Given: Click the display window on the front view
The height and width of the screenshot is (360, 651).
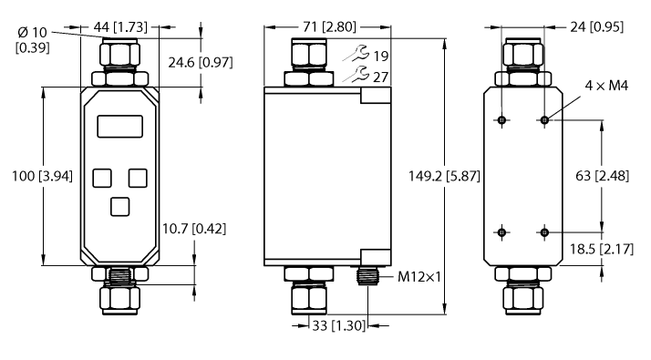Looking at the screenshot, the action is pos(120,127).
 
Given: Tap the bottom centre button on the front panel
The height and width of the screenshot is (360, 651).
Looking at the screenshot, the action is pos(120,207).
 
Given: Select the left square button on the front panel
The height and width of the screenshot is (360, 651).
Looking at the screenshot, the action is pos(102,178).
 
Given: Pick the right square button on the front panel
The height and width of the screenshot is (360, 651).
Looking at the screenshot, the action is pos(138,178).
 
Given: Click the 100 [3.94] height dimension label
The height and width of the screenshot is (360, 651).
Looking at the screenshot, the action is pos(42,176).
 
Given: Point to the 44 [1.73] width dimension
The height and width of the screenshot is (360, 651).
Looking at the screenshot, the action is pos(120,27).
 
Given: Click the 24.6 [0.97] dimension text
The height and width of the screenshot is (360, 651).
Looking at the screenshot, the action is pos(201,63).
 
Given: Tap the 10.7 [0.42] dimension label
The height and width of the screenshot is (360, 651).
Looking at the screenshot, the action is pos(194,229).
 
